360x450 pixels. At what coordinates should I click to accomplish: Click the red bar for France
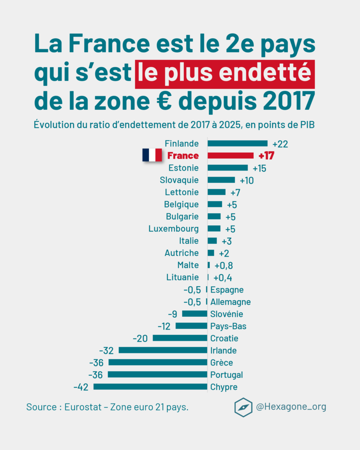click(230, 156)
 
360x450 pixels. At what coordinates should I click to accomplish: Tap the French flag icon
click(152, 155)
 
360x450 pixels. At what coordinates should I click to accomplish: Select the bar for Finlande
click(237, 143)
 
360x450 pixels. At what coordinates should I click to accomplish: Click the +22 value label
click(280, 144)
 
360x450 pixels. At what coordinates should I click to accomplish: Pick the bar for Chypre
click(150, 387)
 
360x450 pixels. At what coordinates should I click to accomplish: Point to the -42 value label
click(81, 387)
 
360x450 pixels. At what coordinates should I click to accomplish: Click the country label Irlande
click(223, 350)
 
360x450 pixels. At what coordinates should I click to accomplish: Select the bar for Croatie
click(180, 338)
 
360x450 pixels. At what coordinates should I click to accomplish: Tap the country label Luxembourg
click(173, 229)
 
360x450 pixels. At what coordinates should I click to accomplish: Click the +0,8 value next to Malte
click(223, 265)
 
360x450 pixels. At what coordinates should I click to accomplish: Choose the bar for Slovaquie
click(221, 180)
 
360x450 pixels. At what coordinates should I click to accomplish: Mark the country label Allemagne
click(230, 302)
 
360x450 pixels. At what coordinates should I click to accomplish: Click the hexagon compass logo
click(243, 407)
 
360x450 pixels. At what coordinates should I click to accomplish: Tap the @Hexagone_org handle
click(291, 407)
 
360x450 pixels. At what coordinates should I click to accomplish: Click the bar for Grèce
click(158, 362)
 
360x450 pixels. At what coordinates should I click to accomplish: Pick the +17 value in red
click(266, 156)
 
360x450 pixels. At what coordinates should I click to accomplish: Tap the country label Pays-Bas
click(228, 326)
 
